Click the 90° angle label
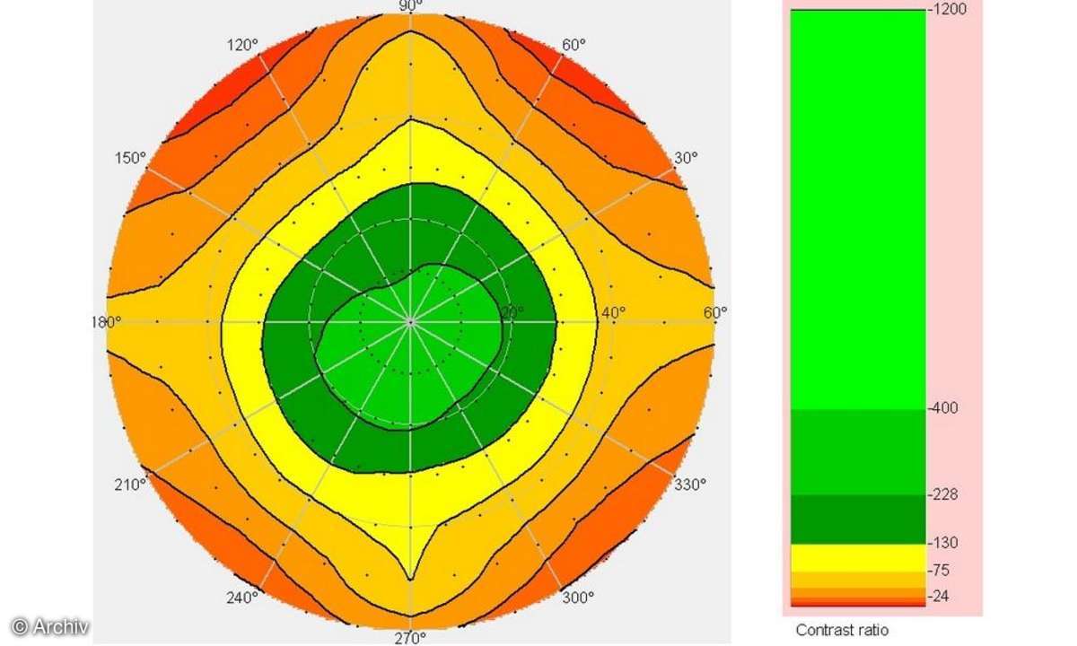pos(410,5)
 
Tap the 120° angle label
pos(243,44)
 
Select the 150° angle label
pos(130,158)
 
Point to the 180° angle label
pos(106,320)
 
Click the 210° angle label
pos(130,484)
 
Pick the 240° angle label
pos(243,598)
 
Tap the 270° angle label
pos(410,639)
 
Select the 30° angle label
pos(686,158)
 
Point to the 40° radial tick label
pos(613,312)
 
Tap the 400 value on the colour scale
pos(944,408)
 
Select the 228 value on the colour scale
pos(944,494)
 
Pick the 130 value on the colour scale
pos(944,543)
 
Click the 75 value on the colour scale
pos(941,571)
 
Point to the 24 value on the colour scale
pos(941,596)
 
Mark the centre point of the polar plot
pos(410,320)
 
